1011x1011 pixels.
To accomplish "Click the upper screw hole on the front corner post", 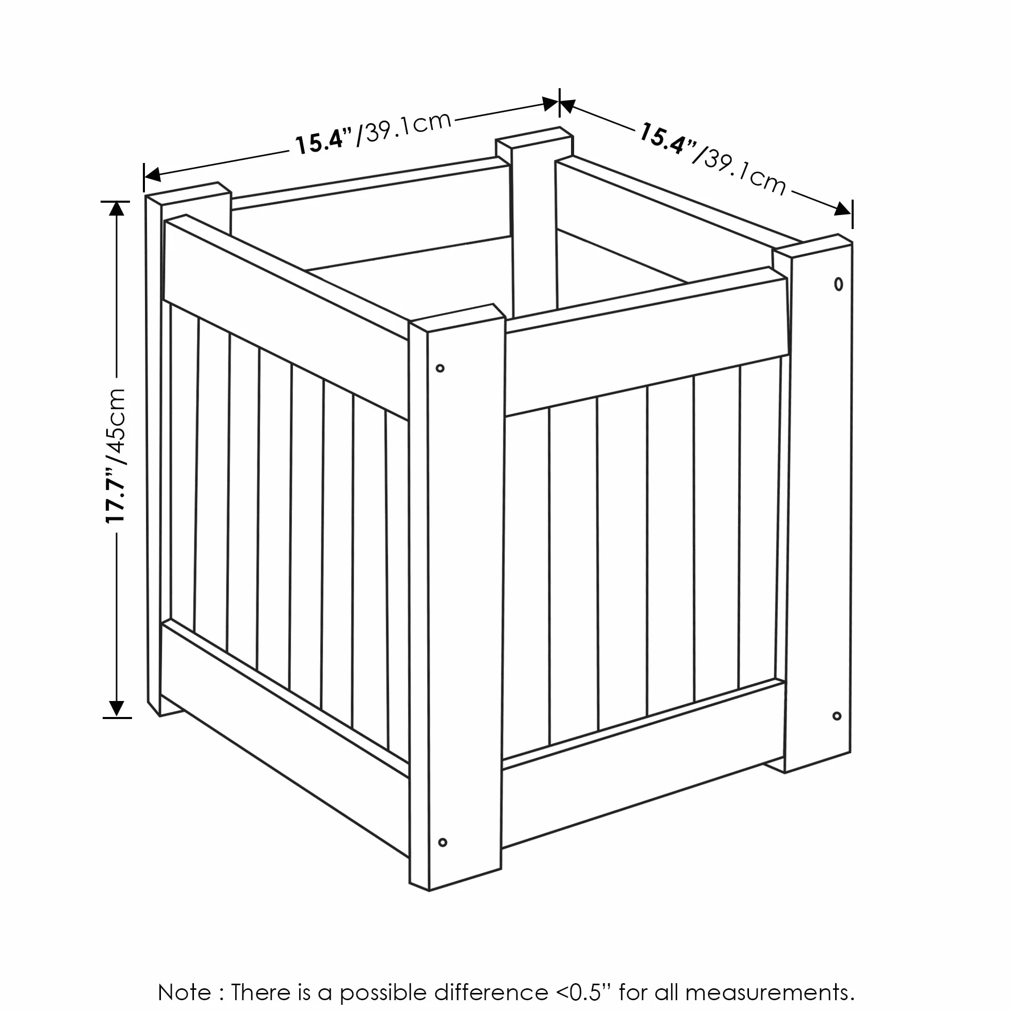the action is point(440,368).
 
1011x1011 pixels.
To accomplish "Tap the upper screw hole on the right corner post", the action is point(838,284).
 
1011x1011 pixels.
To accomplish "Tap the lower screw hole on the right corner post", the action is point(837,716).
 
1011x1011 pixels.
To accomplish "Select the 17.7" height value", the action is point(116,495).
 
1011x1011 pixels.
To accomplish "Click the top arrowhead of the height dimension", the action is point(116,208).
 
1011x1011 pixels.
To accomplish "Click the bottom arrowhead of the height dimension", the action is point(116,709).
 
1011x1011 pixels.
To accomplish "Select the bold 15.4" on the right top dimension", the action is point(666,139).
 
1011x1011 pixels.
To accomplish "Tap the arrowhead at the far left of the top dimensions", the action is point(152,174).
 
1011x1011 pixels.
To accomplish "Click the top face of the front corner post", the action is point(456,318).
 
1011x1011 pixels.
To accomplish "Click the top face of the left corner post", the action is point(188,193).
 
